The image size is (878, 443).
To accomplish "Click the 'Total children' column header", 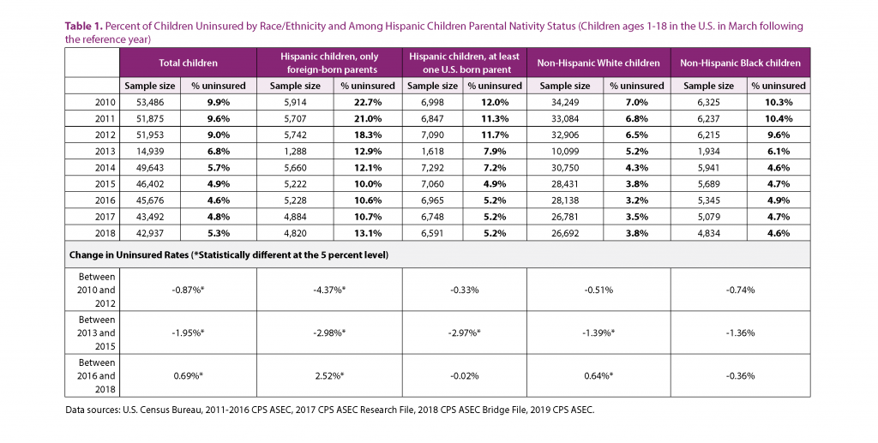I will (188, 63).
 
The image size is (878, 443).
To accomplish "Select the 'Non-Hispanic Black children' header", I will (740, 63).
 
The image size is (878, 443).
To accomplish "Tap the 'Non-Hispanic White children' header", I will (598, 63).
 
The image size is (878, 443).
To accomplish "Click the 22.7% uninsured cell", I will (368, 101).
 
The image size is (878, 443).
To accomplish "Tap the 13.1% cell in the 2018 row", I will (368, 231).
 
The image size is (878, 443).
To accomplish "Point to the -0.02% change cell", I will (464, 375).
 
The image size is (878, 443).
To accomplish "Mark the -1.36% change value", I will (740, 332).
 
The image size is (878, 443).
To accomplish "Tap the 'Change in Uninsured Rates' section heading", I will (226, 254).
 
